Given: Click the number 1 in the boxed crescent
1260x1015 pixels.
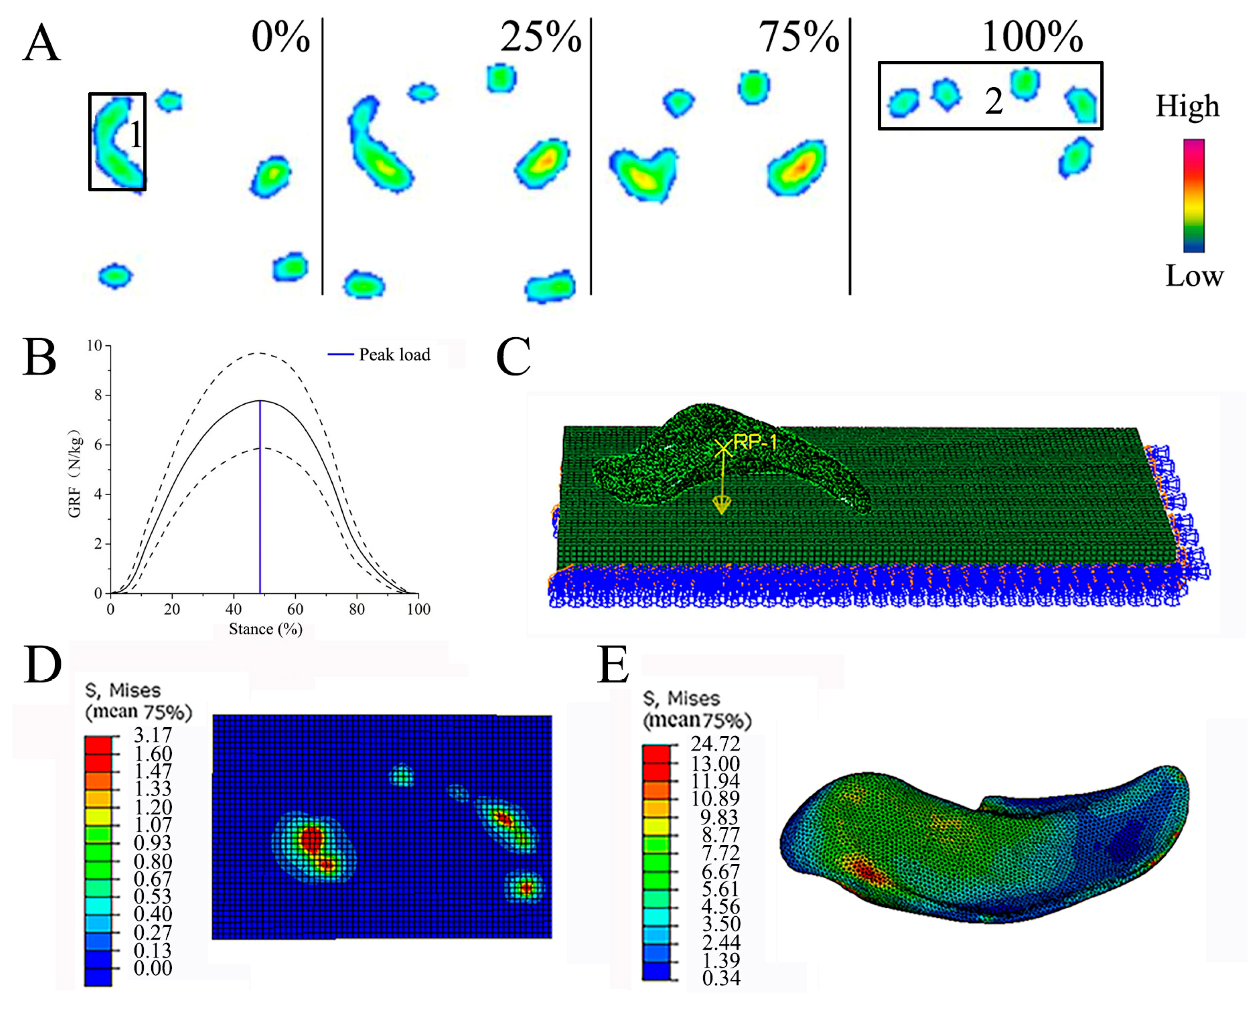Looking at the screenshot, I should (x=135, y=135).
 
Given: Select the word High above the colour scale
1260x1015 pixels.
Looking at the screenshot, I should (x=1187, y=106).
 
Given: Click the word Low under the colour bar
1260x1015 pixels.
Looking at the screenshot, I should (x=1194, y=275).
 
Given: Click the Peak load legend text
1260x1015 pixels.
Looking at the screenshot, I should (x=394, y=354).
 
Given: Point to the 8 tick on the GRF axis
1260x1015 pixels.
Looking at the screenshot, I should (x=98, y=395).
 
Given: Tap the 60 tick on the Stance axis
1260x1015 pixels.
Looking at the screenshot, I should (x=295, y=609).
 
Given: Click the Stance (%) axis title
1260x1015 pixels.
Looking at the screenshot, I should (x=265, y=629).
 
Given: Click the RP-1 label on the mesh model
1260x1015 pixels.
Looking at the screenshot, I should (x=755, y=443).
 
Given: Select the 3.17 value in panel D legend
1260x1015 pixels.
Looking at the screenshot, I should (x=153, y=735).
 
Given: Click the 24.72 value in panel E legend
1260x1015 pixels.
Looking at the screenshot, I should (x=715, y=744).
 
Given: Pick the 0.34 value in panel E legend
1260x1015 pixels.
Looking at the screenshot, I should (x=721, y=978).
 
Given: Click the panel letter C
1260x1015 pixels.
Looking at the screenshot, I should (x=513, y=357).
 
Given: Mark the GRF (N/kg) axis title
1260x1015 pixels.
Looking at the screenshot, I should (x=75, y=476).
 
